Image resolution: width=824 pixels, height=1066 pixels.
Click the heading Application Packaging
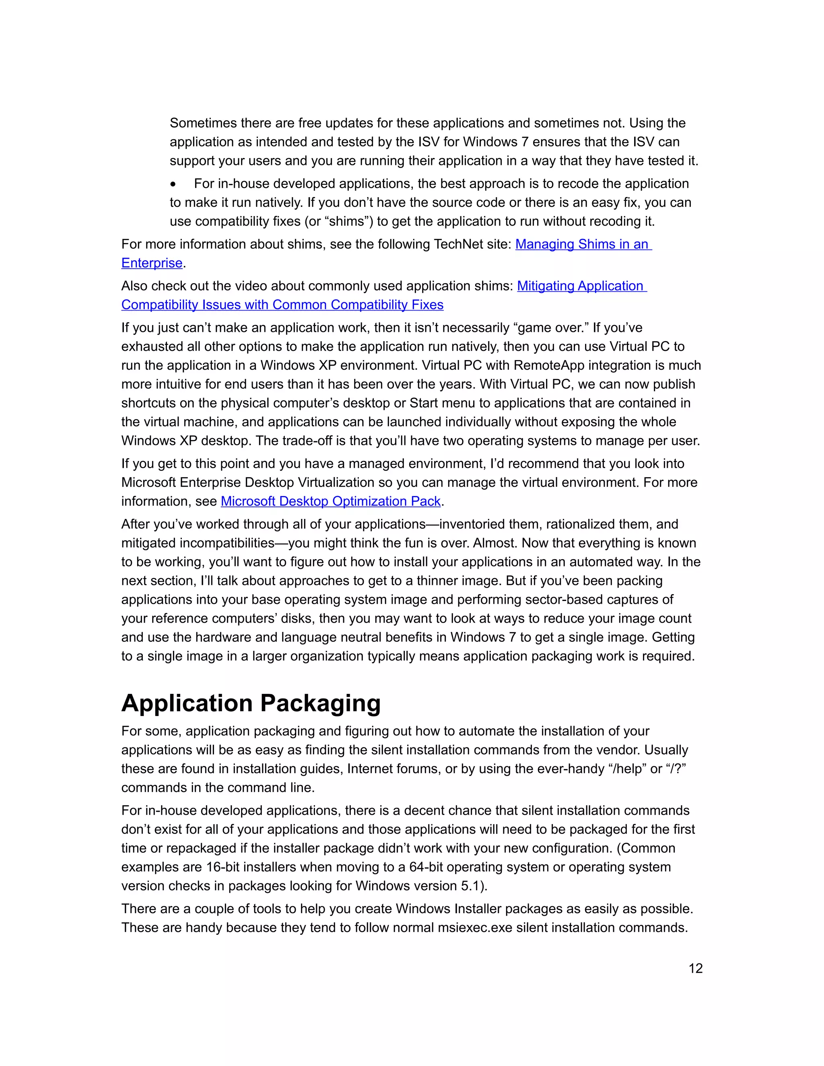point(251,703)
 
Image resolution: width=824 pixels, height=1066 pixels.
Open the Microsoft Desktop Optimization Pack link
point(330,501)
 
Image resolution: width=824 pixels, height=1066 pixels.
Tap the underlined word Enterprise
point(152,263)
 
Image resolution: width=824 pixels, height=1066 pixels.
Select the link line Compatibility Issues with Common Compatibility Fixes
point(282,305)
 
